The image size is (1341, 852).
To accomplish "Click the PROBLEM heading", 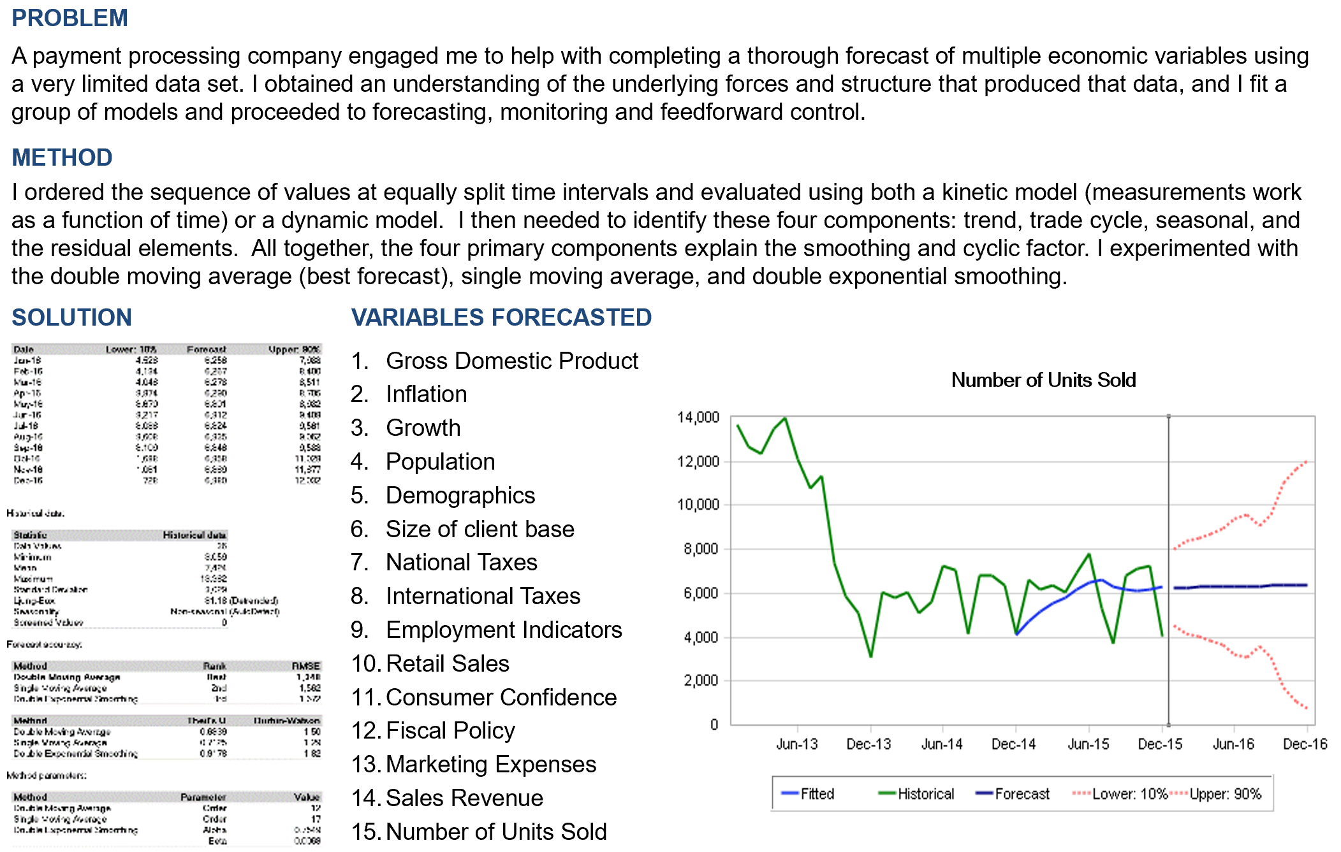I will (x=70, y=18).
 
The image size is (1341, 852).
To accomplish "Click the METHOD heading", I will (x=62, y=157).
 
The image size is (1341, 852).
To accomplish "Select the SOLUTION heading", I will (x=71, y=317).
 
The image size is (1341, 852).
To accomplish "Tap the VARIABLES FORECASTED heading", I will (x=501, y=317).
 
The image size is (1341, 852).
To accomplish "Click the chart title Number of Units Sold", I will (x=1043, y=380).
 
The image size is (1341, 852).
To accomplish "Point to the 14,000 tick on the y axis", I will (x=698, y=417).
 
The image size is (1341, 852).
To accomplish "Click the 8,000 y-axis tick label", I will (x=701, y=549).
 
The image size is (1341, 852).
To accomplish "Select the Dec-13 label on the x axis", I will (x=868, y=744).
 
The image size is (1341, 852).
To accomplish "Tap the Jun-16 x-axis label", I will (x=1233, y=744).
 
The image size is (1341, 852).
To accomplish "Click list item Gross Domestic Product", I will (x=511, y=361).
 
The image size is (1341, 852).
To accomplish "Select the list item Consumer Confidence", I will (x=501, y=697).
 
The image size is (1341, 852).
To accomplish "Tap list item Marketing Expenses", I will (x=490, y=764).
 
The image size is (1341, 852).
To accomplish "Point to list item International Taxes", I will (x=483, y=596).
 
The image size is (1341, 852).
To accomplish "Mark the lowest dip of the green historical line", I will (x=870, y=656).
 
